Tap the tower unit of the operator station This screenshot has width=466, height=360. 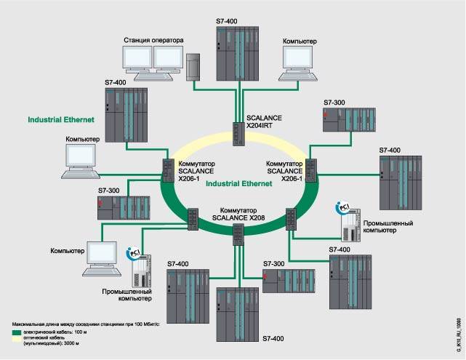point(193,67)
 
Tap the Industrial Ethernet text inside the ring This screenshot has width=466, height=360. point(238,185)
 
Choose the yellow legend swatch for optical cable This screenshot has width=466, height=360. point(17,339)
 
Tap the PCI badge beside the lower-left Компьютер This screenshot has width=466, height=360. point(133,252)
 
